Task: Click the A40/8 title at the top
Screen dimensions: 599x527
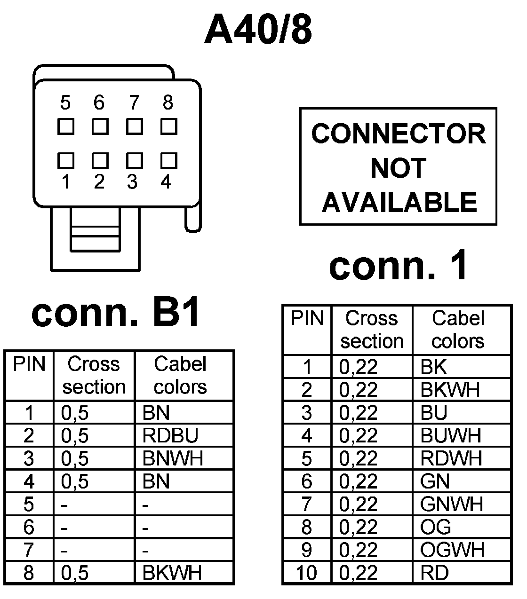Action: pyautogui.click(x=258, y=29)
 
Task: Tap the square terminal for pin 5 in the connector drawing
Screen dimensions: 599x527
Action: pyautogui.click(x=65, y=126)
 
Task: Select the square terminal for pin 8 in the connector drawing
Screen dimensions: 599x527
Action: pyautogui.click(x=168, y=126)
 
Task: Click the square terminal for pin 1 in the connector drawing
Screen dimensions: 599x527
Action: pyautogui.click(x=65, y=161)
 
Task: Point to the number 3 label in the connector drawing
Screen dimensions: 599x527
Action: pyautogui.click(x=132, y=182)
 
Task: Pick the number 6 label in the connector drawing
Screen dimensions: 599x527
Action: pyautogui.click(x=99, y=102)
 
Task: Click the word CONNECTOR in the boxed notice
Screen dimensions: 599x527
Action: pyautogui.click(x=398, y=134)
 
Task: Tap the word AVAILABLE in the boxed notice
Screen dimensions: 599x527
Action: pyautogui.click(x=399, y=202)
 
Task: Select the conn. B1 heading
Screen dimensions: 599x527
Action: pyautogui.click(x=116, y=313)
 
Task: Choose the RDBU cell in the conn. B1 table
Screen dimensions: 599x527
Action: pyautogui.click(x=170, y=436)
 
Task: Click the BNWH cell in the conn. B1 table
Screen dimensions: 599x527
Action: pyautogui.click(x=172, y=458)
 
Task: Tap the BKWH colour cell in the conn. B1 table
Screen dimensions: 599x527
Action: pyautogui.click(x=172, y=573)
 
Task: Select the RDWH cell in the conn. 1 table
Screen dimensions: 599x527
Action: pyautogui.click(x=451, y=458)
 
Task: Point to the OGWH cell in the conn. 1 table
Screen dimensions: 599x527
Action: pyautogui.click(x=452, y=550)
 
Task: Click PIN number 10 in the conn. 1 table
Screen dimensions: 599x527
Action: pyautogui.click(x=306, y=573)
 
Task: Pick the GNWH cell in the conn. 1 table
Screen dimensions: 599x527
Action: pyautogui.click(x=451, y=504)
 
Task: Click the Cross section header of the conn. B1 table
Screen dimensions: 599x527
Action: pyautogui.click(x=94, y=375)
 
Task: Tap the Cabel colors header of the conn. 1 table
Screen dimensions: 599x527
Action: pyautogui.click(x=458, y=330)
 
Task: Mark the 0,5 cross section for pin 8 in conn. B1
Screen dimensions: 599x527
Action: pyautogui.click(x=75, y=573)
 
